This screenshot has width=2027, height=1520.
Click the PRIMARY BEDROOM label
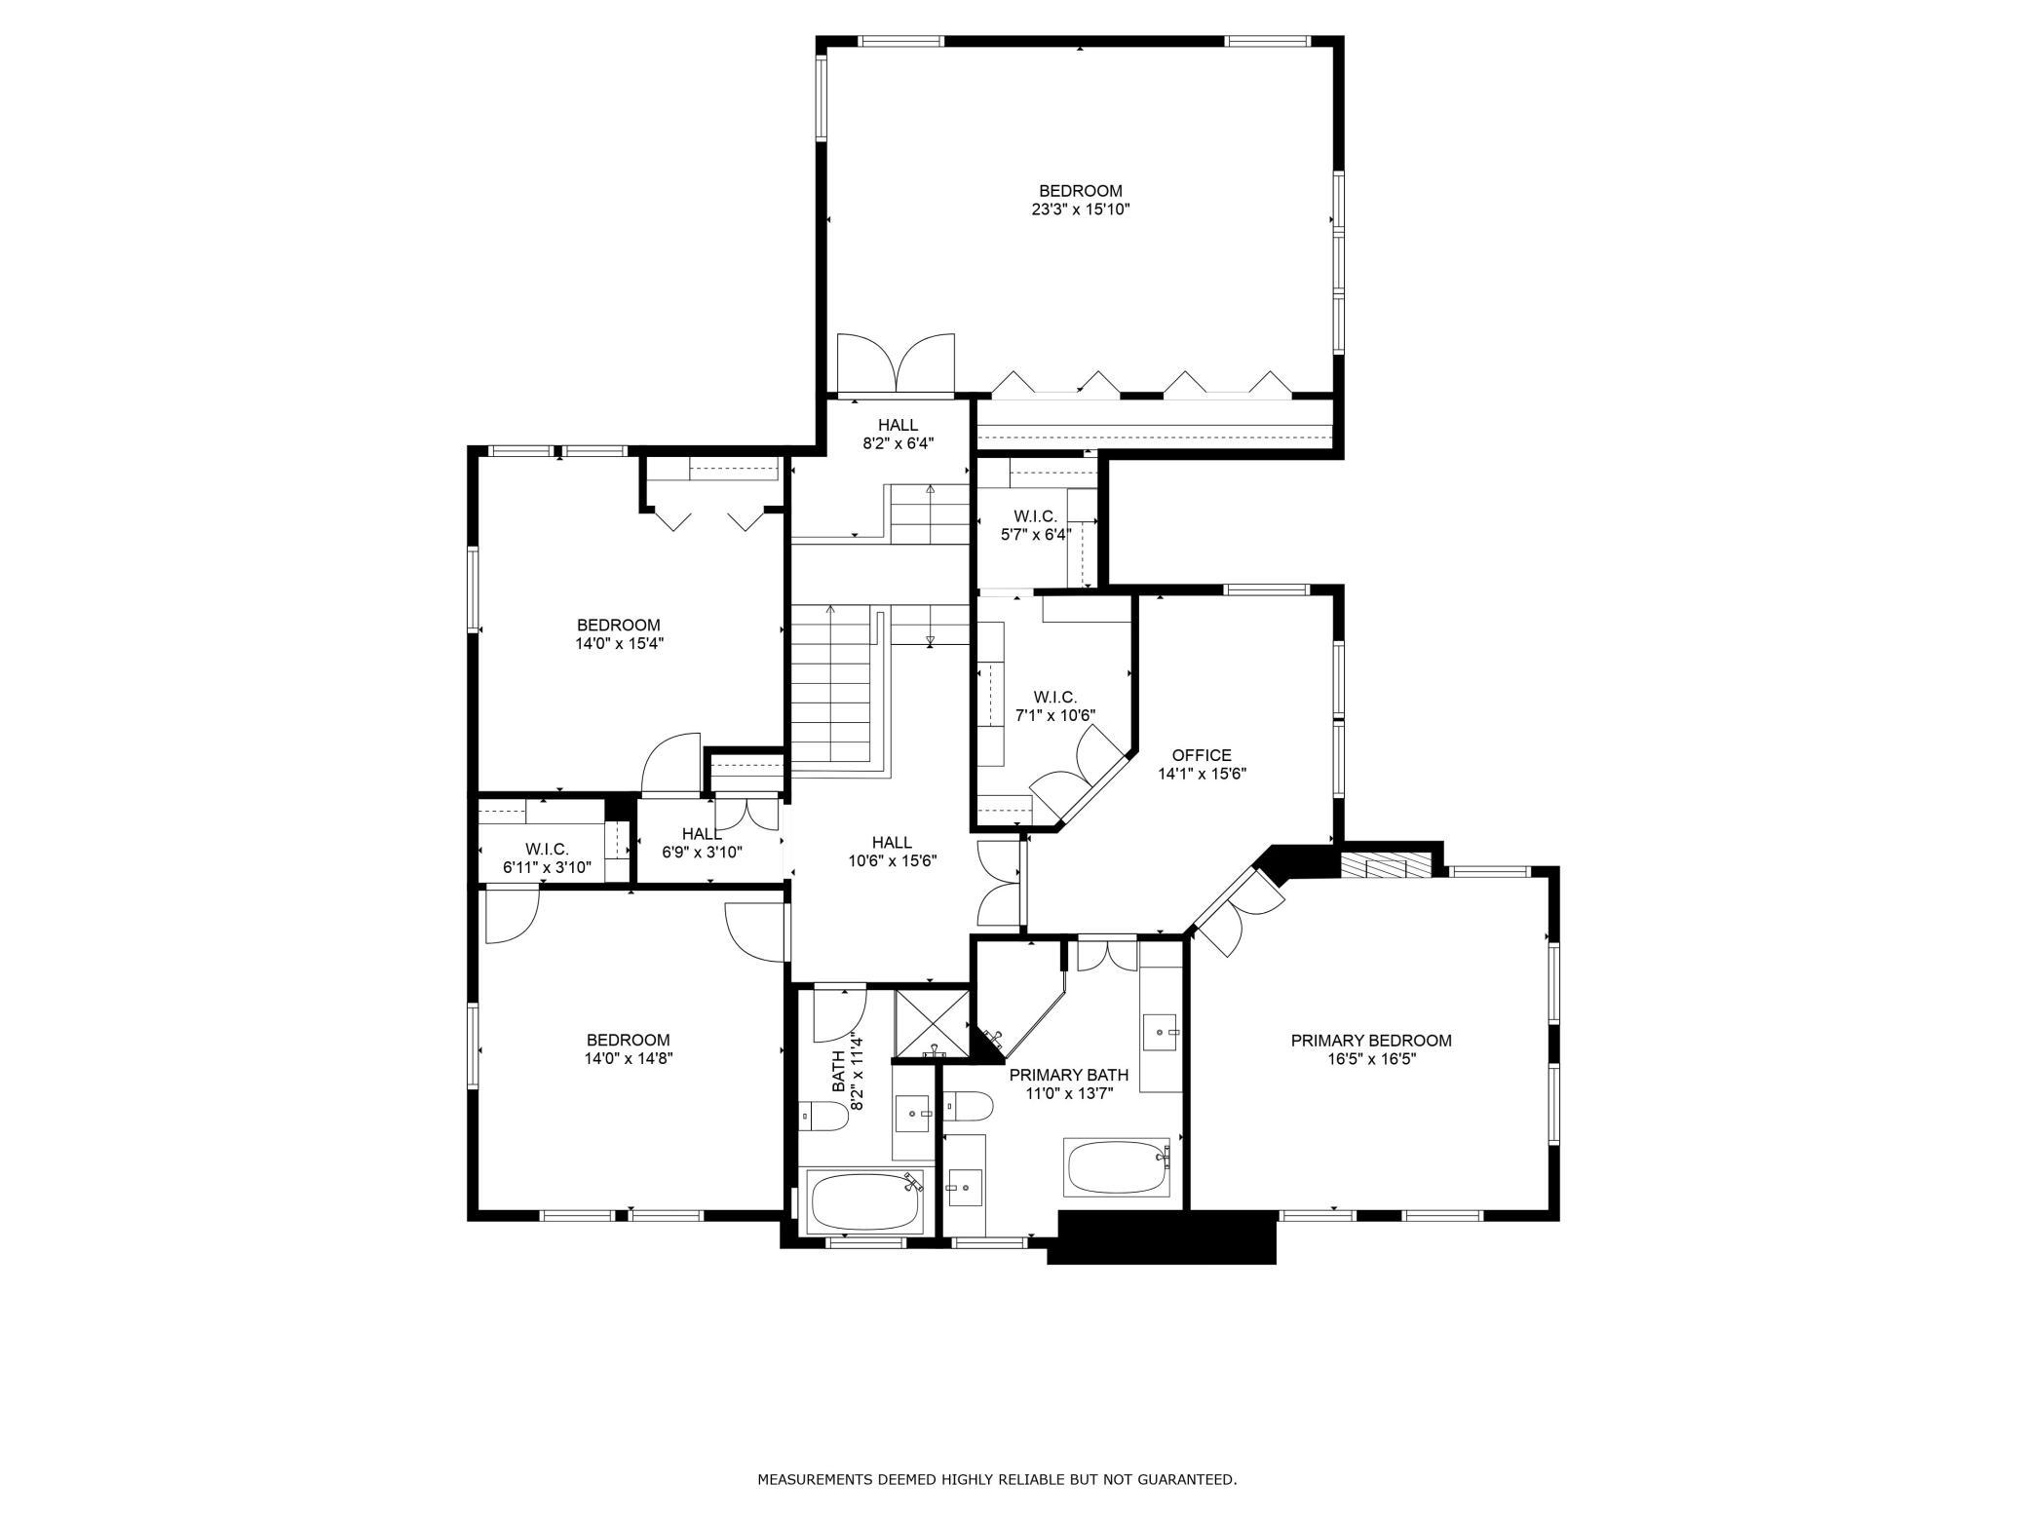[x=1371, y=1041]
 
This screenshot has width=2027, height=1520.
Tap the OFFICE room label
[x=1202, y=755]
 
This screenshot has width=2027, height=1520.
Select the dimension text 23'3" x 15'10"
[x=1081, y=209]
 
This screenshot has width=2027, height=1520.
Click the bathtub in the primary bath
[x=1118, y=1167]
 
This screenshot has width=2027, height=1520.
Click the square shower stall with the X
[x=932, y=1025]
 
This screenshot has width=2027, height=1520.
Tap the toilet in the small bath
[x=823, y=1116]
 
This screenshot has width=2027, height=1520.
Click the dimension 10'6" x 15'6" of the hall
[x=893, y=860]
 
